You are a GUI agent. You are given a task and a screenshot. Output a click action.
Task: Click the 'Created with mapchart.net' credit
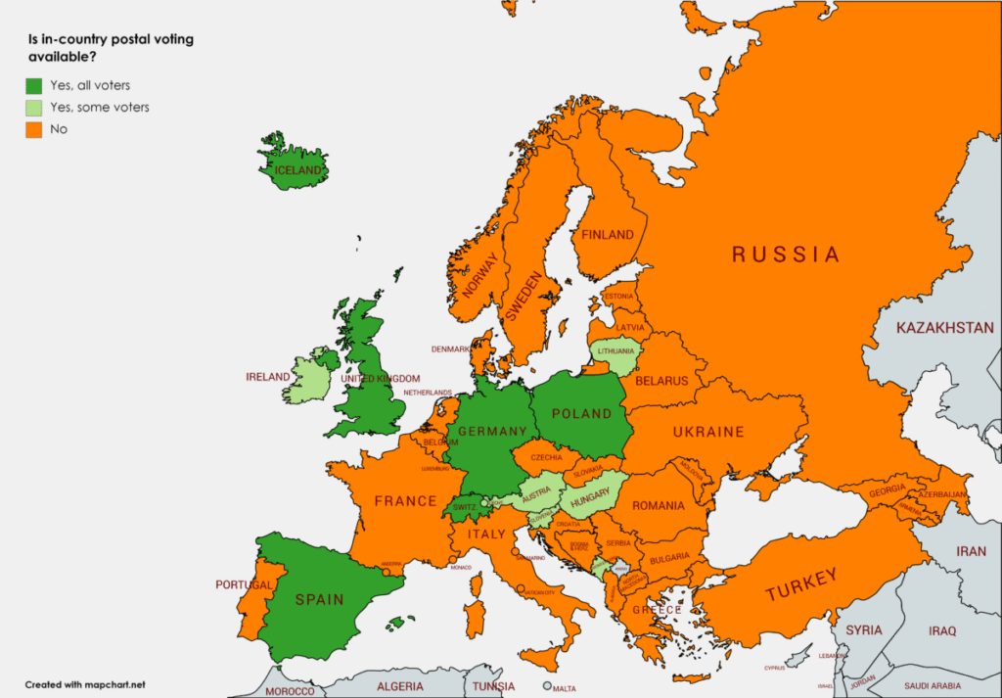pos(85,684)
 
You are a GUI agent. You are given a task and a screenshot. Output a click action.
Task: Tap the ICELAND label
pos(298,170)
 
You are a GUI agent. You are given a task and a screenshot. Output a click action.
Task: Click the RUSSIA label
pos(786,255)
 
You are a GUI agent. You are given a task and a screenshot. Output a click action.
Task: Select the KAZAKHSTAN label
pos(944,327)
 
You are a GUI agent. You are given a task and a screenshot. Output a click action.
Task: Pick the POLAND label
pos(582,413)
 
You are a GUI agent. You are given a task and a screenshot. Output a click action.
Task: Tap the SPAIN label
pos(320,599)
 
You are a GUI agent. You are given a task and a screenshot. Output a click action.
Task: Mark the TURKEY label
pos(801,585)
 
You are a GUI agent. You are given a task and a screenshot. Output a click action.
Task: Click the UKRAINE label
pos(707,432)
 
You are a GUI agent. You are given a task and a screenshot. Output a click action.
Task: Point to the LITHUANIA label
pos(616,350)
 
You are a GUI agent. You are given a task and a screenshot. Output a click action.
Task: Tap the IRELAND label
pos(267,377)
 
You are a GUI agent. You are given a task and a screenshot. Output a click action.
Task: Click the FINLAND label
pos(608,234)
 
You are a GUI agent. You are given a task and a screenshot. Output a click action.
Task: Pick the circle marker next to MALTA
pos(549,686)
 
